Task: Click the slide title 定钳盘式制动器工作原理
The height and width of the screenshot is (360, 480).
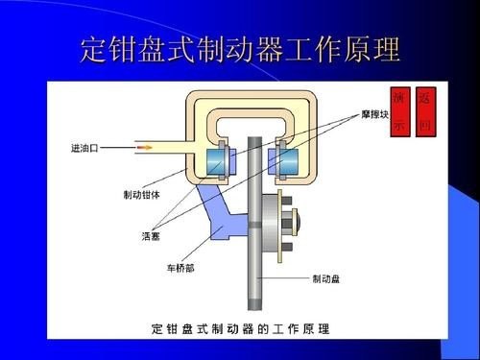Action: point(240,49)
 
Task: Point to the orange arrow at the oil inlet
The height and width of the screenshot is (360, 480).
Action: point(145,148)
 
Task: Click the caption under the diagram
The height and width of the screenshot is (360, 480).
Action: point(240,328)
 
